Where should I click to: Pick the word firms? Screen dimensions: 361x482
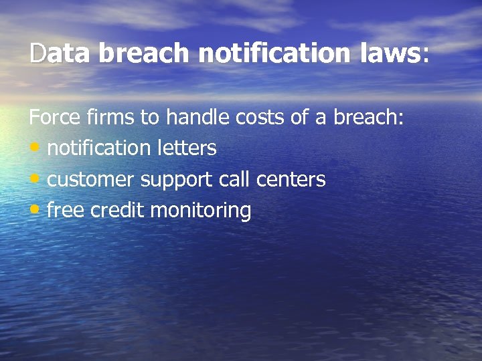(x=110, y=118)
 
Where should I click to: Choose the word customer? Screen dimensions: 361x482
(x=92, y=180)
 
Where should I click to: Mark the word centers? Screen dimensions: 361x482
(x=291, y=180)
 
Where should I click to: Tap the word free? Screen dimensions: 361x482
(x=66, y=211)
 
